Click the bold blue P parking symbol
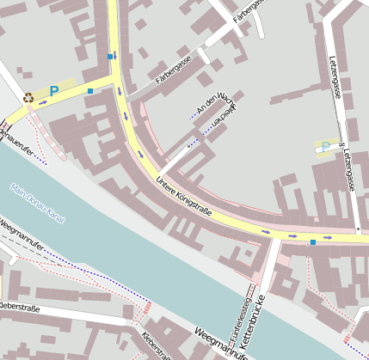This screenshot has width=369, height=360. [x=54, y=90]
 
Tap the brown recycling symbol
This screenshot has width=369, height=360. [x=28, y=98]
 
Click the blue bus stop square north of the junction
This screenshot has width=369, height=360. [x=110, y=56]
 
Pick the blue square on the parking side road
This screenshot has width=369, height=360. [x=90, y=90]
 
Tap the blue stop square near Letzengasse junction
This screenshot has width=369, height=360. [x=313, y=242]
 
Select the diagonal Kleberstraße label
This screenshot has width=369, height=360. [x=155, y=345]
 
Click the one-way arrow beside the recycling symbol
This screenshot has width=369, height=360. [x=43, y=102]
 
